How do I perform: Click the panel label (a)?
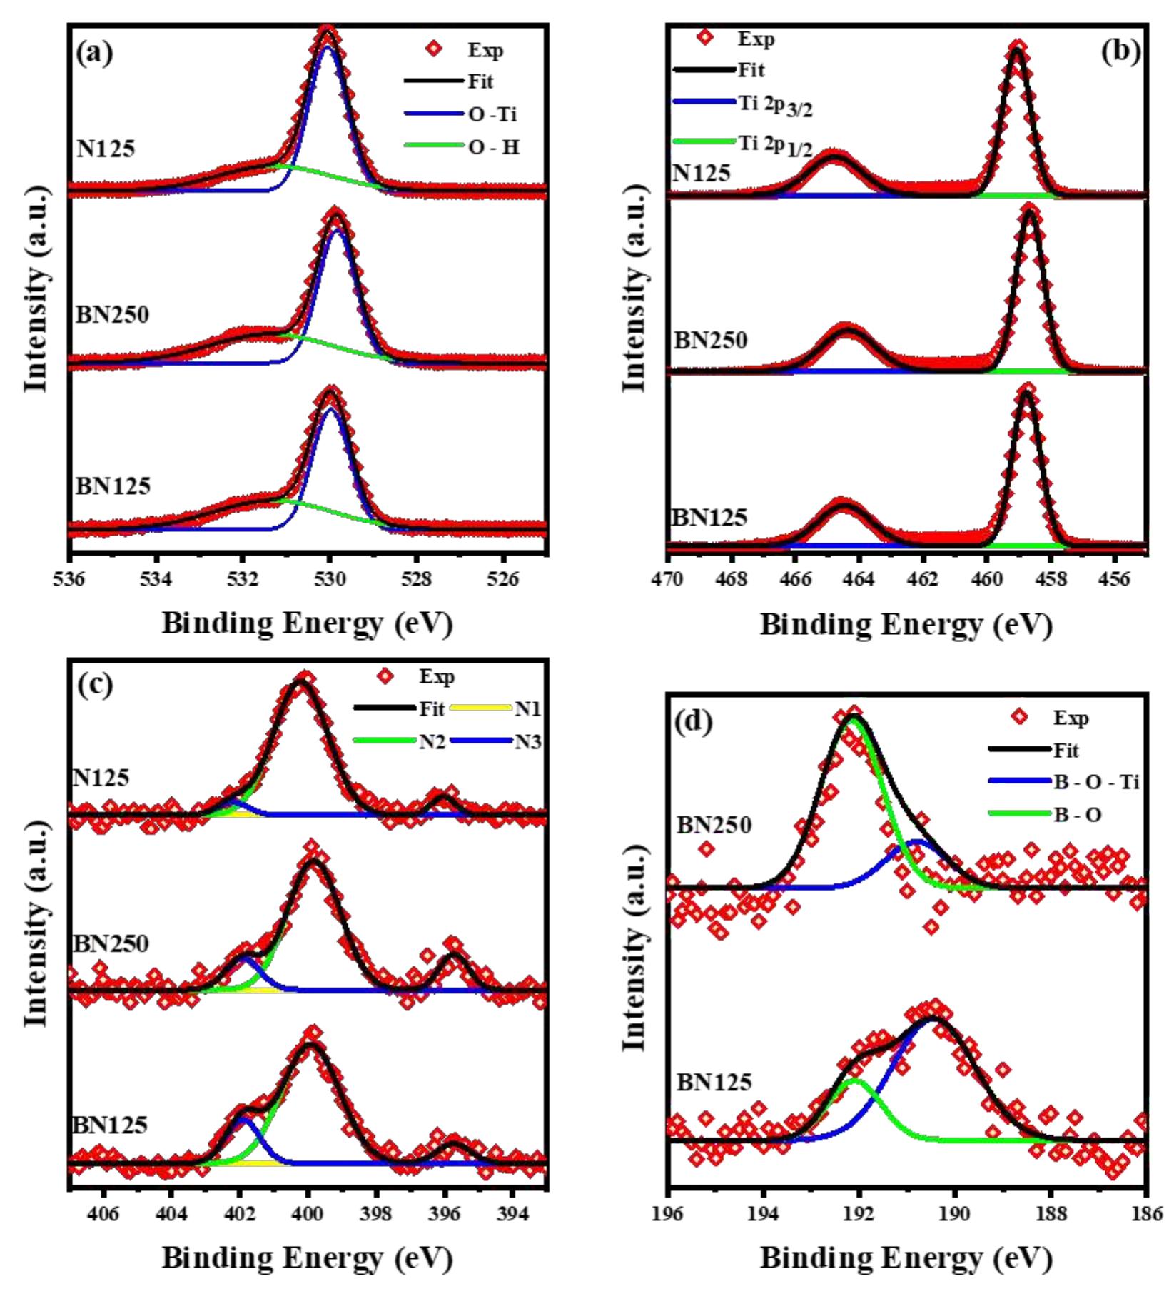[95, 53]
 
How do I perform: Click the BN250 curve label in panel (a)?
[112, 314]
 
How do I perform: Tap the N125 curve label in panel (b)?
[702, 173]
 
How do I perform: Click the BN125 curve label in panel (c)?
[110, 1125]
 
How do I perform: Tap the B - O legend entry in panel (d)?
[1077, 814]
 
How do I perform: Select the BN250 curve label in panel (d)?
[714, 825]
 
